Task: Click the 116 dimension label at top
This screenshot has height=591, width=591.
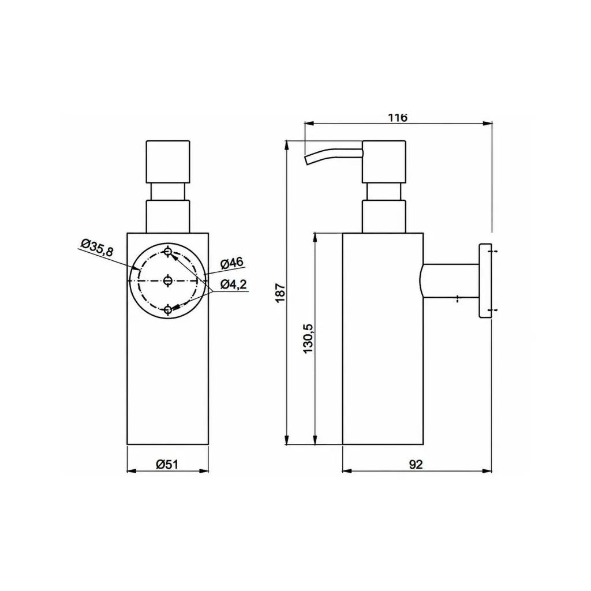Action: (x=398, y=118)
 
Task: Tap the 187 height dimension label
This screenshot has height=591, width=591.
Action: (x=280, y=293)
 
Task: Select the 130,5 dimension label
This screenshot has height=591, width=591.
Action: (x=309, y=338)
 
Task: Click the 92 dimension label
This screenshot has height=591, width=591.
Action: (x=416, y=465)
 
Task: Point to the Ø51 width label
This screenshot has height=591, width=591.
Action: (x=167, y=465)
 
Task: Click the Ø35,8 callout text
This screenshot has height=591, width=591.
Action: (x=97, y=248)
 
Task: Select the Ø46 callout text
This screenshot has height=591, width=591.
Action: (x=232, y=263)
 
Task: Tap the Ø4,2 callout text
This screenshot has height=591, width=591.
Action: (x=234, y=284)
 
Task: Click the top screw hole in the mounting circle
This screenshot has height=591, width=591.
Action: (x=168, y=252)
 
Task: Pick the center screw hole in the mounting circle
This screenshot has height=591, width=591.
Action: (x=168, y=280)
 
